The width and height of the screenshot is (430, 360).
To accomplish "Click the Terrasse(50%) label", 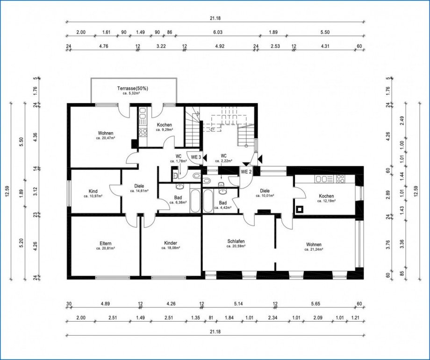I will (x=133, y=88).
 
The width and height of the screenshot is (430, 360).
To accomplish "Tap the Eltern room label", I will (x=105, y=243).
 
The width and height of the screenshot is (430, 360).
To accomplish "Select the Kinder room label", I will (x=171, y=243).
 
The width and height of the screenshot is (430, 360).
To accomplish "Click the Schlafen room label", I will (x=236, y=241).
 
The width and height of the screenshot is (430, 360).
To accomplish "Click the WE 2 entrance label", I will (x=246, y=172).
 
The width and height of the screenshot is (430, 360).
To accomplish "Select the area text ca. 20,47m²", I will (x=106, y=138).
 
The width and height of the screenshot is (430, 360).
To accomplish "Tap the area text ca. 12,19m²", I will (x=326, y=201).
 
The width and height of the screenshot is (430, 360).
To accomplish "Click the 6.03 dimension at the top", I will (x=218, y=32).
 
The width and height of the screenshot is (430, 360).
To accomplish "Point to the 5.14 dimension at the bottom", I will (x=238, y=304).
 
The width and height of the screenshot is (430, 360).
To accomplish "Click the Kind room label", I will (x=93, y=191).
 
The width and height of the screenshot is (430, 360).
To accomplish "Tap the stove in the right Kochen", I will (x=340, y=179).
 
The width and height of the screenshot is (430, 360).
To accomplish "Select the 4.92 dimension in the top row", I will (x=220, y=46).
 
